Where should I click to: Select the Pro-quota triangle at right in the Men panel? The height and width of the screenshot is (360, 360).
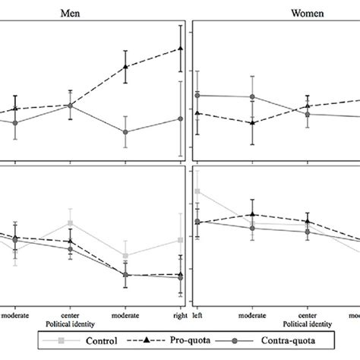point(180,49)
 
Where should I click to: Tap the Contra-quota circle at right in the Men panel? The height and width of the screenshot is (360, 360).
point(180,118)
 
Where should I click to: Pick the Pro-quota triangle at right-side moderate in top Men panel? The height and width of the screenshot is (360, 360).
point(125,67)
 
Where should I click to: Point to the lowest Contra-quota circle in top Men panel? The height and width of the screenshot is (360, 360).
point(125,132)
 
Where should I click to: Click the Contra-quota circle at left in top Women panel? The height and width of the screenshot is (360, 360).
point(197,95)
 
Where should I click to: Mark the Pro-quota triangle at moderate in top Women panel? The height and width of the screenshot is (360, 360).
point(252,122)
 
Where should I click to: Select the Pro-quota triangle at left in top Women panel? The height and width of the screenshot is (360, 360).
point(197,112)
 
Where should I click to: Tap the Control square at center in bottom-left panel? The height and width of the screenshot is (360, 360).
point(70,223)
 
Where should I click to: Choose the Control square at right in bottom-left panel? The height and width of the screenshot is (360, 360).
point(180,239)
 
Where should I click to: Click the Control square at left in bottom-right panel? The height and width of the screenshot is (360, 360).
point(197,191)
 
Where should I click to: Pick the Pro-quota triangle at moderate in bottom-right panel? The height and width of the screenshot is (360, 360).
point(252,215)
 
